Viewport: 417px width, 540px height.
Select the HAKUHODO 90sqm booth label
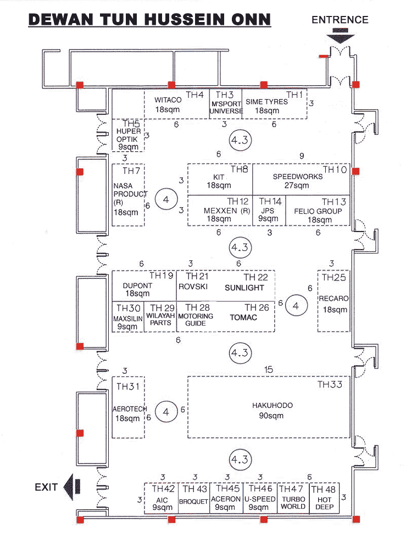click(272, 410)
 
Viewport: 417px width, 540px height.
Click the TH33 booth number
click(330, 384)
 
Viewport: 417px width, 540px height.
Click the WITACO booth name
click(168, 101)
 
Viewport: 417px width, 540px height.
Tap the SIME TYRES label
click(266, 102)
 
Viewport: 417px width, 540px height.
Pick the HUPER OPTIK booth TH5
click(129, 135)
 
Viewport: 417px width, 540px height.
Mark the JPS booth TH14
click(269, 211)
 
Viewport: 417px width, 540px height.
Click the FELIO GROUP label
click(318, 211)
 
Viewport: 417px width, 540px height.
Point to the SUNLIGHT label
click(244, 288)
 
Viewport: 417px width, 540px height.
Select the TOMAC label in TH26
click(243, 317)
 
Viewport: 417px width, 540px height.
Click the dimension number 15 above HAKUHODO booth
click(268, 370)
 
